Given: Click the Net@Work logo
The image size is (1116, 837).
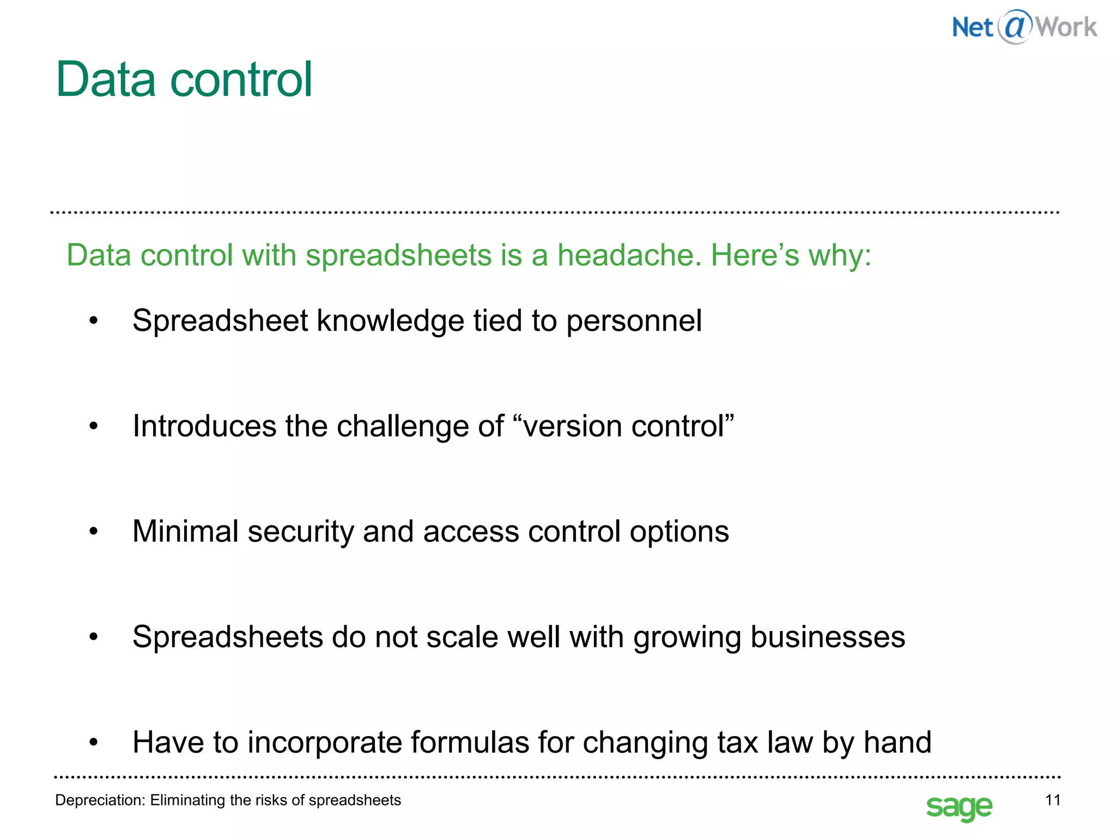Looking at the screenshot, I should [x=1024, y=27].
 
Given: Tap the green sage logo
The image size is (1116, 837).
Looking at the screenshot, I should [x=959, y=806].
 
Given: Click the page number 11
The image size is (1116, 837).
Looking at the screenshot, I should [x=1053, y=800].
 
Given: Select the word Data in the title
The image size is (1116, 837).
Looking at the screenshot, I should [x=106, y=80].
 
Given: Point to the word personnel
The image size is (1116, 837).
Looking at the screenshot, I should [x=634, y=321].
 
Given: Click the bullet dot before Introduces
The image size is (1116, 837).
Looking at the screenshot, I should [x=94, y=427].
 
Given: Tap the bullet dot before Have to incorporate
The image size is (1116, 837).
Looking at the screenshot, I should [x=94, y=743].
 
